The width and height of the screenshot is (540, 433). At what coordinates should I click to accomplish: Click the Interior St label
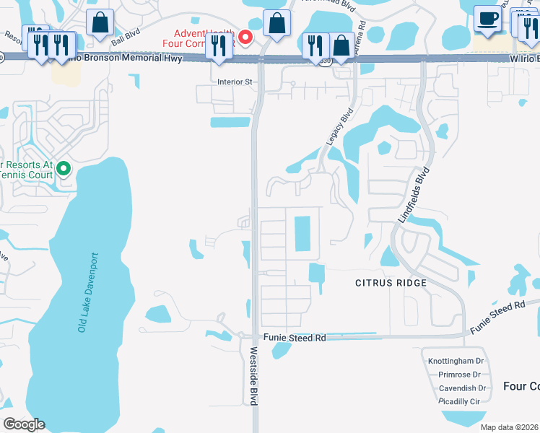click(235, 82)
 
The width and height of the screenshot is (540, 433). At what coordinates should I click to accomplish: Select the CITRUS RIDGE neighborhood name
click(391, 283)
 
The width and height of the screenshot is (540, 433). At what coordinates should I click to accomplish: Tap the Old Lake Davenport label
click(86, 292)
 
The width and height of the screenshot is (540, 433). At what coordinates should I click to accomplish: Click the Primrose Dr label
click(459, 375)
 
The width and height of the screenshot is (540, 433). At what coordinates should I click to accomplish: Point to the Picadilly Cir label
click(459, 401)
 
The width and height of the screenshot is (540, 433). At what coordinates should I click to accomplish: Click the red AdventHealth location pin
click(245, 37)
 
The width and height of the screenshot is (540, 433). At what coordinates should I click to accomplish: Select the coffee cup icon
click(487, 19)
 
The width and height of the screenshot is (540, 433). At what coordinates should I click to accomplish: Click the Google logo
click(24, 424)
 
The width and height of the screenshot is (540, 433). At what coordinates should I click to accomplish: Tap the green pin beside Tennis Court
click(64, 169)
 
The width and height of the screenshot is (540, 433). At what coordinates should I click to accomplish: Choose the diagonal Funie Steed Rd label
click(498, 317)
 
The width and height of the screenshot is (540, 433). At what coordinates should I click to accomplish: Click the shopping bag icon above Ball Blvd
click(100, 22)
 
